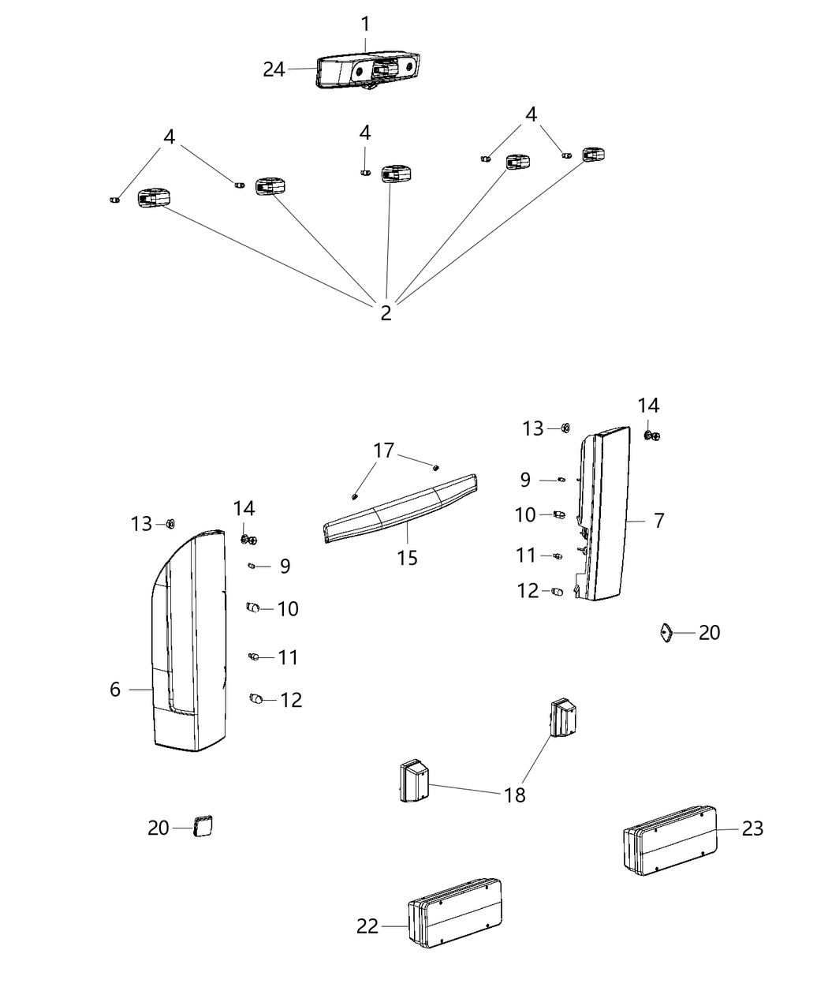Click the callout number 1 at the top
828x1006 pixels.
click(365, 24)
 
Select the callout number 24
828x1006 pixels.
click(274, 70)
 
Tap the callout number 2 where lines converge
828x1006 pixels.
click(386, 313)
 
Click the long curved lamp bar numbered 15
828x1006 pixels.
click(401, 508)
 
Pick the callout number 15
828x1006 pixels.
click(407, 558)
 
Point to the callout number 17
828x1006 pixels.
click(384, 451)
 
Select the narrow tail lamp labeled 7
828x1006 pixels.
click(603, 514)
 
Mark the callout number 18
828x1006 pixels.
click(514, 795)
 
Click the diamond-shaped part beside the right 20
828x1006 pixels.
click(666, 633)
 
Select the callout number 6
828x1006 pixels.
click(115, 690)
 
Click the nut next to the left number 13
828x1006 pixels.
click(170, 524)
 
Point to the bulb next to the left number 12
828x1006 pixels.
click(255, 698)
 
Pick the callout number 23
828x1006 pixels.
click(752, 828)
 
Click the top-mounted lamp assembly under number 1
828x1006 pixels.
click(368, 71)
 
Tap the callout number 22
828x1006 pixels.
click(367, 926)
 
